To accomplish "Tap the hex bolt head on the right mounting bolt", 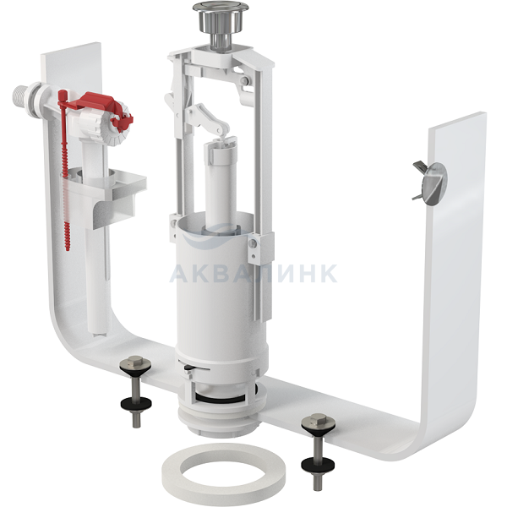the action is [x=315, y=420].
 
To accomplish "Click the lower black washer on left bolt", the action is [x=136, y=404].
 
